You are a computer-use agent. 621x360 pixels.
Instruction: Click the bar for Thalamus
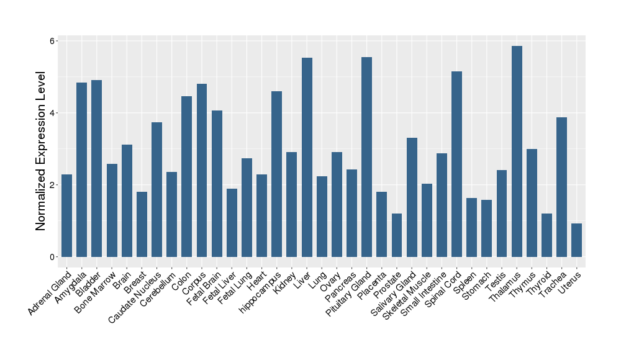click(517, 151)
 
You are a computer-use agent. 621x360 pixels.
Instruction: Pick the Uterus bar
click(576, 240)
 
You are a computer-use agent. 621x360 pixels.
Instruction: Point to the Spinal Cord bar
click(456, 164)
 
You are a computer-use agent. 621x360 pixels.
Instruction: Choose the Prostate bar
click(397, 235)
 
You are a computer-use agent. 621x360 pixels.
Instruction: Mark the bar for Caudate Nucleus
click(156, 189)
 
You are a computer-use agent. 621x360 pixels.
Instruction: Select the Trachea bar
click(561, 187)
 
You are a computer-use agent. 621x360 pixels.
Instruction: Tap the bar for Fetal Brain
click(217, 184)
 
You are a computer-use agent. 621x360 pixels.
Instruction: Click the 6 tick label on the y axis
click(53, 41)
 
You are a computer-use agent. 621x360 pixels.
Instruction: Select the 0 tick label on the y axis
click(53, 257)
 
